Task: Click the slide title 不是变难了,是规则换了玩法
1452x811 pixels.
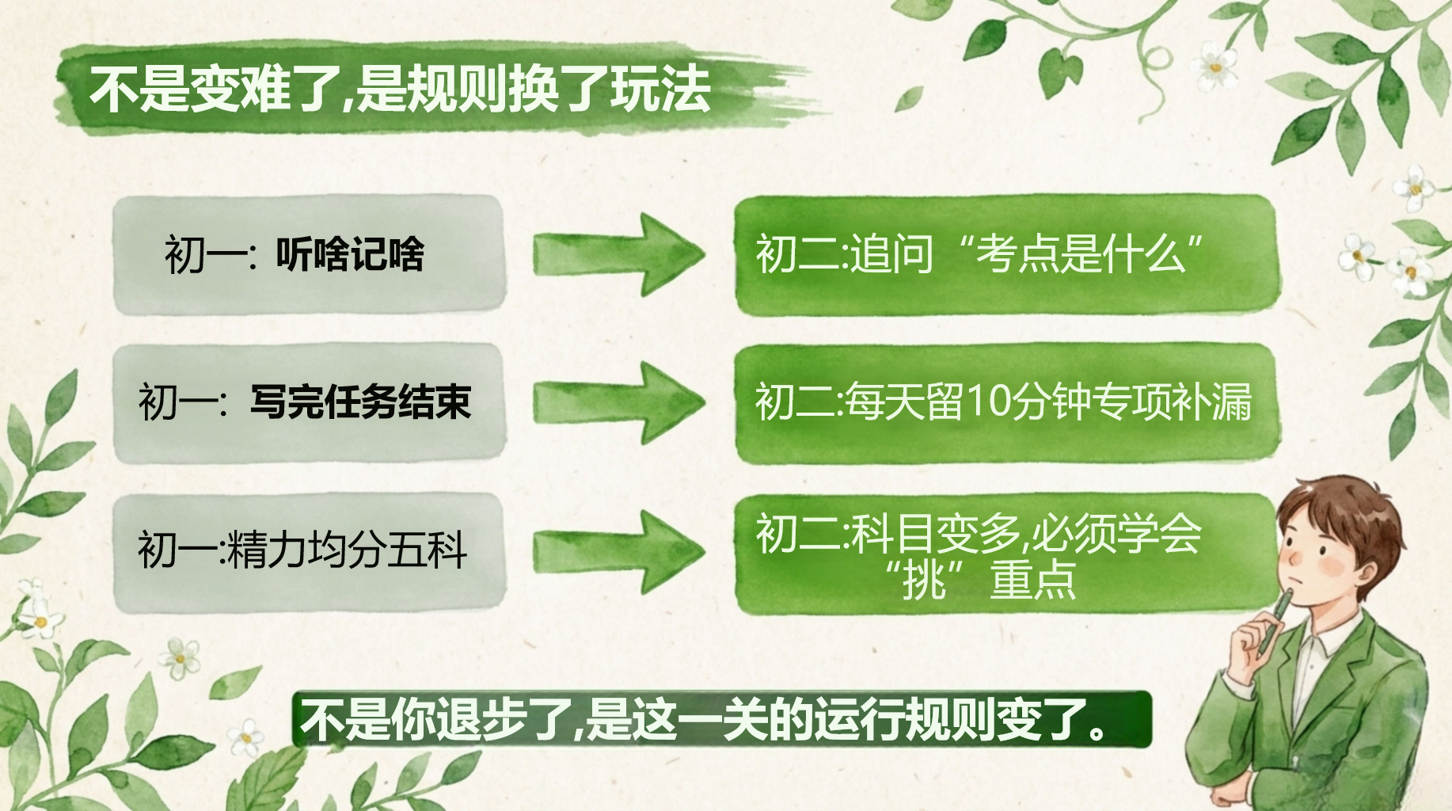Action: (400, 88)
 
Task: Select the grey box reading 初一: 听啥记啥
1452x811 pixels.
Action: (309, 254)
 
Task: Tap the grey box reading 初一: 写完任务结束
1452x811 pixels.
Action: (309, 402)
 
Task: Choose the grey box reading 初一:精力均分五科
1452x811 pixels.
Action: (309, 551)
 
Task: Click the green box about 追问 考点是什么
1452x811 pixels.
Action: (1007, 254)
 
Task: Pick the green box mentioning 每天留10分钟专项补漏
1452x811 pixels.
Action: (1007, 402)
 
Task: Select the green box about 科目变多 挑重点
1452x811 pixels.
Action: (1007, 553)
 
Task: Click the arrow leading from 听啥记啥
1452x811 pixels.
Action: (618, 254)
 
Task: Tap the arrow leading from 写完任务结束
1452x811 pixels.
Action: (618, 402)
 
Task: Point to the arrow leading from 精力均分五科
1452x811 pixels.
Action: (618, 552)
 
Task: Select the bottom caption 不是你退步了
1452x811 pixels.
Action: (721, 719)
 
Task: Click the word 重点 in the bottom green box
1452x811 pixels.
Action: (1033, 581)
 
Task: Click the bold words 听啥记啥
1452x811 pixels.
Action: (350, 254)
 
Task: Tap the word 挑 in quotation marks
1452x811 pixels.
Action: (925, 581)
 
